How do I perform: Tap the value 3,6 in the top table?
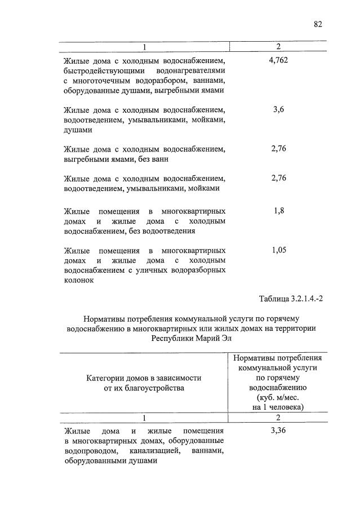coord(278,109)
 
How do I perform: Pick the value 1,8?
coord(278,210)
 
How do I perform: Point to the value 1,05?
coord(278,250)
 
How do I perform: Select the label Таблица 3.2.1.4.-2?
coord(291,298)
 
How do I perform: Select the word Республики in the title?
coord(172,338)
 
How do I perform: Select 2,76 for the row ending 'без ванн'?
coord(278,149)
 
